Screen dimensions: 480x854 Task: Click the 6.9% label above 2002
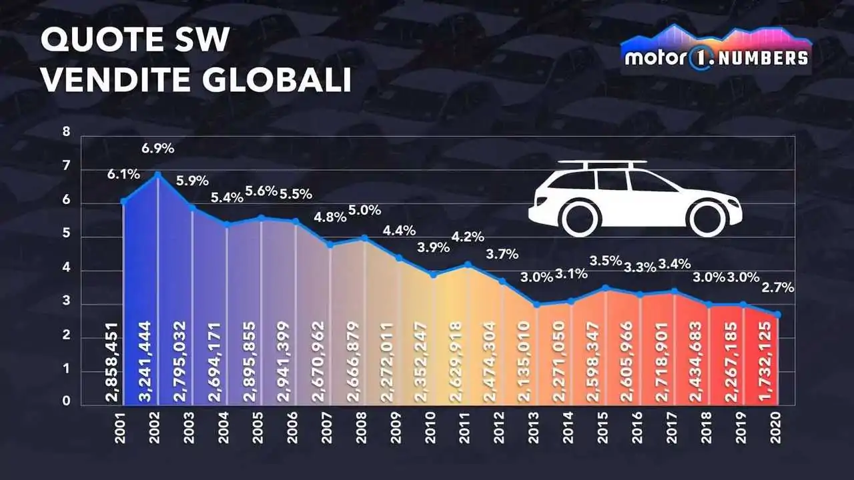158,147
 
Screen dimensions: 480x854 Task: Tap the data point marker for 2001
123,201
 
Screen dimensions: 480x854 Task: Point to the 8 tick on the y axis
66,132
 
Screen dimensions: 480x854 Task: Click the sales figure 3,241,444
158,356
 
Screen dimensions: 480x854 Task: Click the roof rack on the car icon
602,163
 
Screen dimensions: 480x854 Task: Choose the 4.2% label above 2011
468,237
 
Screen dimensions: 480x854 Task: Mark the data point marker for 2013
536,304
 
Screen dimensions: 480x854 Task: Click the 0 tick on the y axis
66,401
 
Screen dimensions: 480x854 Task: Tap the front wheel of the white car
708,217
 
